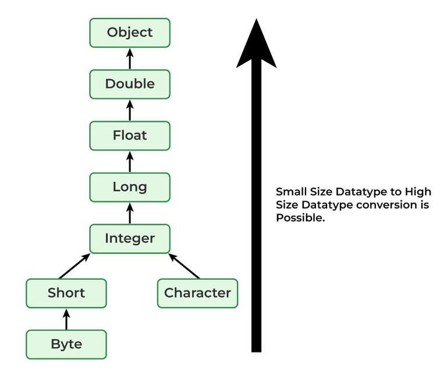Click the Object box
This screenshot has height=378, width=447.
click(x=130, y=33)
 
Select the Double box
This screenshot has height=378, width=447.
click(x=130, y=84)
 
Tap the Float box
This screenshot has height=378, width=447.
click(x=130, y=135)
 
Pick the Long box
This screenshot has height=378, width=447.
click(x=130, y=187)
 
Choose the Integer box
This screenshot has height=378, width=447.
click(x=130, y=238)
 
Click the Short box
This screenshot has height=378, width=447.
click(x=66, y=293)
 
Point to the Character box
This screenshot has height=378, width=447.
click(x=197, y=293)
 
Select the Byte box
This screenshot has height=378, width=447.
click(x=66, y=344)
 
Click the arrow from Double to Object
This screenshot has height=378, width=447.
click(x=130, y=58)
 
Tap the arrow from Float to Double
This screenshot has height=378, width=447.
click(x=130, y=110)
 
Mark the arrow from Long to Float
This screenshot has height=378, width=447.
click(x=130, y=161)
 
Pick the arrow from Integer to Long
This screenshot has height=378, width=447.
click(x=130, y=213)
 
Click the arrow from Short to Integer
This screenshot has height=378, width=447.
click(x=74, y=266)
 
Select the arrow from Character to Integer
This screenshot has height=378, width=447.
click(x=185, y=266)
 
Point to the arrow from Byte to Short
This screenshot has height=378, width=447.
click(x=66, y=319)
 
